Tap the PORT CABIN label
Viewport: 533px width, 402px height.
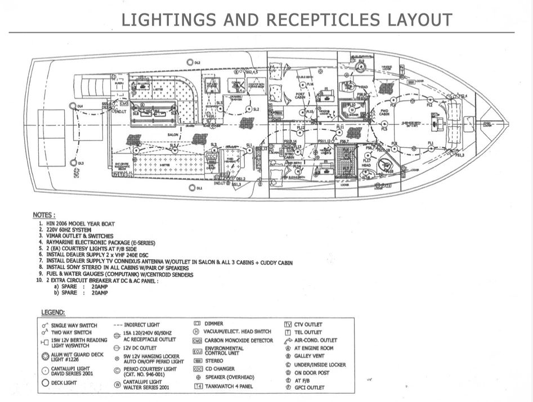coord(300,96)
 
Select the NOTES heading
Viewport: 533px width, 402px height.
coord(44,215)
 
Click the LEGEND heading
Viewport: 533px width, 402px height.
coord(53,312)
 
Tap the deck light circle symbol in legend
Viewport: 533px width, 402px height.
coord(46,383)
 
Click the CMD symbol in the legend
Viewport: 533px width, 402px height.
coord(197,341)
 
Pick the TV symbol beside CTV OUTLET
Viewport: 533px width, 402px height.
coord(288,324)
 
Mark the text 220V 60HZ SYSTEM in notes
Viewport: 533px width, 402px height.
coord(79,229)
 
